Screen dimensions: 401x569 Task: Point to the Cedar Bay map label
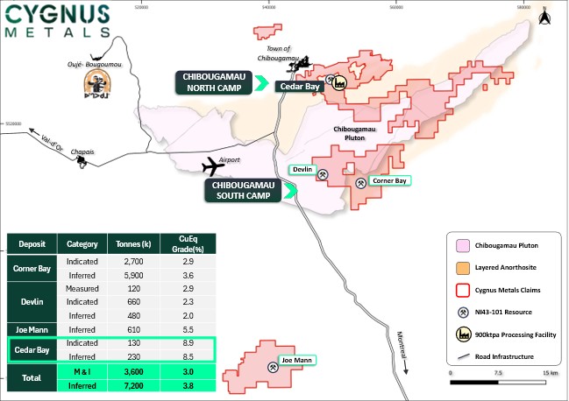coord(297,86)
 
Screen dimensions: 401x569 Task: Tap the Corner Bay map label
coord(388,180)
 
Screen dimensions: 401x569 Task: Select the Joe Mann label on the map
coord(297,360)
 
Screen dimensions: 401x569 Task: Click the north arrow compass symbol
coord(544,15)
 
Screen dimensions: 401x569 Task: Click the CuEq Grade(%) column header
coord(182,243)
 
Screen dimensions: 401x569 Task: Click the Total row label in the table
coord(31,377)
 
